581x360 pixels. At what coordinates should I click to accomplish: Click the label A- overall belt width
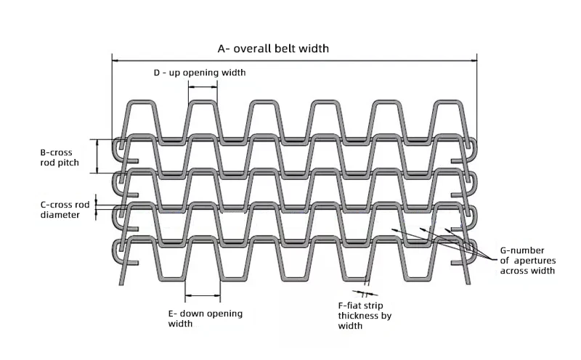click(273, 49)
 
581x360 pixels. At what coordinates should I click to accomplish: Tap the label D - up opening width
click(199, 73)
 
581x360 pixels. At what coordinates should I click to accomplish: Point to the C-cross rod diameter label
click(65, 210)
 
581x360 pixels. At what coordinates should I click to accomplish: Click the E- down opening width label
click(205, 318)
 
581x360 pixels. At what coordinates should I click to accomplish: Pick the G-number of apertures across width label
click(528, 261)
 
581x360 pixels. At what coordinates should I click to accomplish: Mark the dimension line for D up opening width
click(202, 86)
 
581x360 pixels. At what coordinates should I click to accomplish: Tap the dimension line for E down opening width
click(203, 295)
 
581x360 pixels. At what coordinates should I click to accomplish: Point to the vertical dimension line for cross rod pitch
click(97, 156)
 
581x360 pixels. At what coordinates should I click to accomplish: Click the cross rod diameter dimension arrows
click(97, 206)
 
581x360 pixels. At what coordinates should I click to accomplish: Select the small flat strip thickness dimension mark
click(366, 284)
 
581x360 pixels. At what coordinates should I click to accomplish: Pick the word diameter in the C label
click(60, 215)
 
